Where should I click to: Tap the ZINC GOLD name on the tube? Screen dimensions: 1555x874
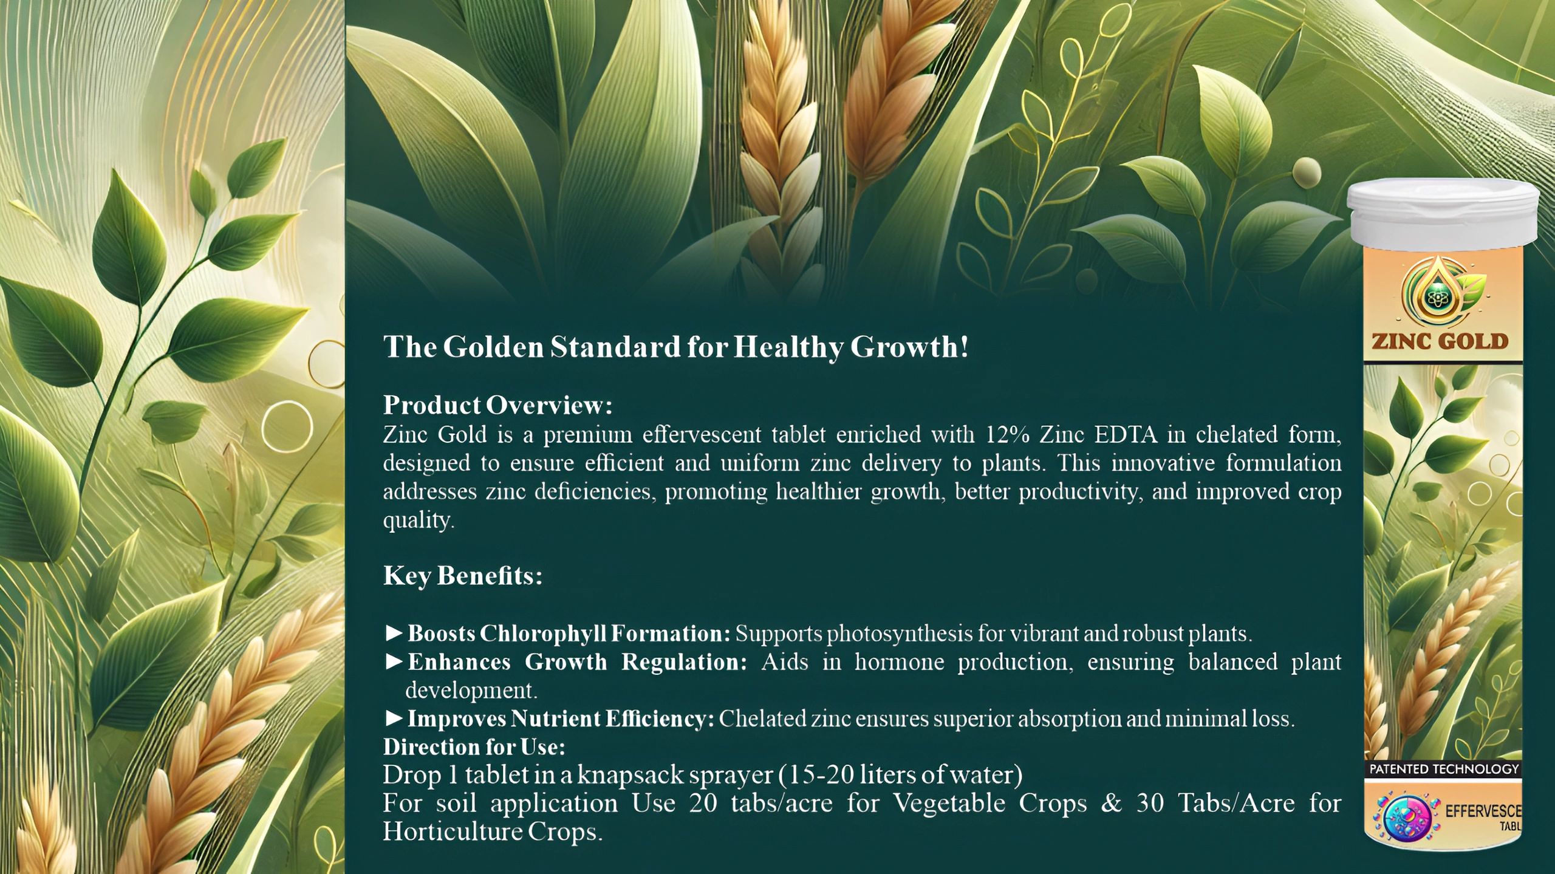tap(1440, 341)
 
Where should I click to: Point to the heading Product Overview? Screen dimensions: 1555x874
tap(497, 405)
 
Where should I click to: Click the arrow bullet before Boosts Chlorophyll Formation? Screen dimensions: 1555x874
tap(394, 633)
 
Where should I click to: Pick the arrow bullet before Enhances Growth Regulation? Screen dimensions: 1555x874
tap(394, 661)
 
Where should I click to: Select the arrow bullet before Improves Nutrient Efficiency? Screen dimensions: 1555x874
tap(394, 719)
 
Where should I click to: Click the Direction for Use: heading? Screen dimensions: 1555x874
tap(474, 746)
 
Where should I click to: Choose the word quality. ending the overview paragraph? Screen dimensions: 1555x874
tap(419, 521)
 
